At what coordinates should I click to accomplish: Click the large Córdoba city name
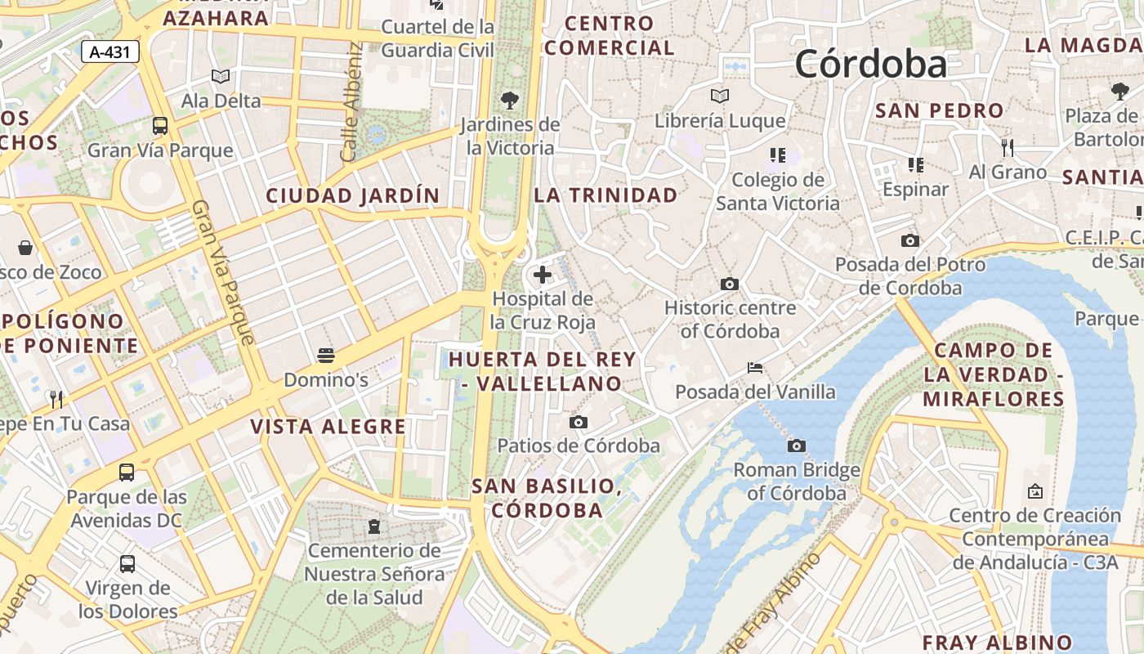870,64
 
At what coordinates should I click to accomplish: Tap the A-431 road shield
110,52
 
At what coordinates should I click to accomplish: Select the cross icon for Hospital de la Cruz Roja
542,275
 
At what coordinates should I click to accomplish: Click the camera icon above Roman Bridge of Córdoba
797,446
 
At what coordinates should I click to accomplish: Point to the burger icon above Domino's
326,356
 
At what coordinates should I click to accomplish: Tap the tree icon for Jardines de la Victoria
510,101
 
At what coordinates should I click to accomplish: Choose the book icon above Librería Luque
720,96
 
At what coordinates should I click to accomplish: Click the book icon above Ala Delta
221,77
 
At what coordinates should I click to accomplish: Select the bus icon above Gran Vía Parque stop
160,126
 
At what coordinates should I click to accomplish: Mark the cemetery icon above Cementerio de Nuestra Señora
374,526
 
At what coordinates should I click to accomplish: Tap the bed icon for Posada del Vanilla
755,368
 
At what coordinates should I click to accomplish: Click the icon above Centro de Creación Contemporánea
1035,491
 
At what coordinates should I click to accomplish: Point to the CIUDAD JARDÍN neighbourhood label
352,196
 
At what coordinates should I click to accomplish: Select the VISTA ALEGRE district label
328,427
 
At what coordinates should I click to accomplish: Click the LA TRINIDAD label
606,195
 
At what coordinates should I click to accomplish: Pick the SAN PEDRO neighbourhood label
939,110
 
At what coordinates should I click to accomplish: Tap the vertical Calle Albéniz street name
351,102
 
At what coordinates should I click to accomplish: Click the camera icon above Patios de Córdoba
579,422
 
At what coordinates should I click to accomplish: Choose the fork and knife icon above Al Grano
1008,148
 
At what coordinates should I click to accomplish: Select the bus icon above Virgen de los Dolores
127,563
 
